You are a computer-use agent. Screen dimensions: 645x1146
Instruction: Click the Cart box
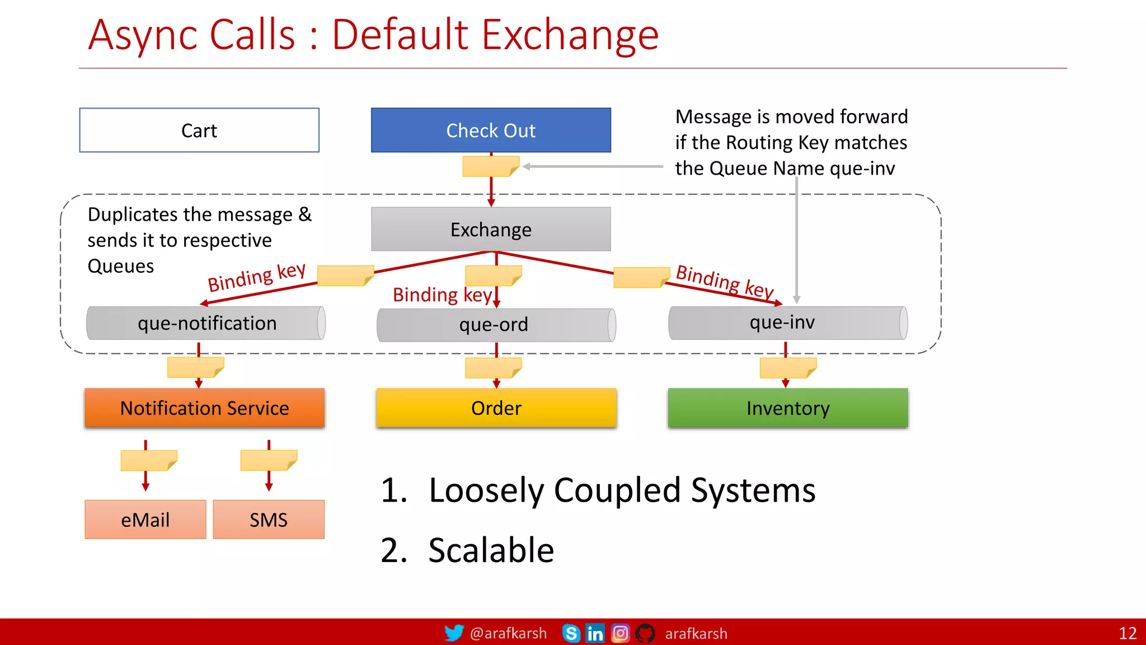tap(199, 130)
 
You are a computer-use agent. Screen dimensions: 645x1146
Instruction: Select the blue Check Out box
tap(491, 130)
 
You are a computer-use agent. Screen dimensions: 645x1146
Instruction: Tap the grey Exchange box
tap(491, 229)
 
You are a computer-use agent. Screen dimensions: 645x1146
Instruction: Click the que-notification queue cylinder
tap(206, 323)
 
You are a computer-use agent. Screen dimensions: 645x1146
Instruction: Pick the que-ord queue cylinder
tap(496, 325)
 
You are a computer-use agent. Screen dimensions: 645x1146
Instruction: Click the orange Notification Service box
tap(204, 408)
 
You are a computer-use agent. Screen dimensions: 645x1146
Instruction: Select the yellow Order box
tap(496, 408)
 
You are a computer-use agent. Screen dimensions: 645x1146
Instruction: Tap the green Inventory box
tap(787, 408)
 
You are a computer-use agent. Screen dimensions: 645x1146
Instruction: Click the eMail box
tap(145, 520)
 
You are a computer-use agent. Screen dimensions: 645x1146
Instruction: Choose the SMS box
tap(269, 520)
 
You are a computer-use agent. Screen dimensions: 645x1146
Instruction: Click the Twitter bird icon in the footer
tap(454, 633)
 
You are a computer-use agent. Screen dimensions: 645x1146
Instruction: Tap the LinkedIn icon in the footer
tap(595, 633)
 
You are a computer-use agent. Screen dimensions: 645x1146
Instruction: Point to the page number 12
tap(1127, 633)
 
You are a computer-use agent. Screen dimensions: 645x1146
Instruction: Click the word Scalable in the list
tap(491, 550)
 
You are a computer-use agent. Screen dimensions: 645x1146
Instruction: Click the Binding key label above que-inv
tap(724, 281)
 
